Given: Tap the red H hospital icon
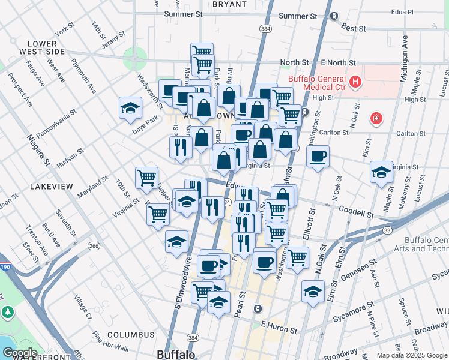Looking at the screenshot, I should click(x=355, y=81).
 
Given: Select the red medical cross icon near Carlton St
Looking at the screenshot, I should click(x=376, y=119).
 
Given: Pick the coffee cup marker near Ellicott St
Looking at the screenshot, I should click(x=318, y=157).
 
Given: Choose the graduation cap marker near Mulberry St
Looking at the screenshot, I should click(x=381, y=173).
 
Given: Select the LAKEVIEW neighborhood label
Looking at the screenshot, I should click(x=50, y=187).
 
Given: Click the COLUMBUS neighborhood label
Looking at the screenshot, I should click(x=131, y=334).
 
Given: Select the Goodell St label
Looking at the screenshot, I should click(x=356, y=213).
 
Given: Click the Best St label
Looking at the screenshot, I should click(x=353, y=28).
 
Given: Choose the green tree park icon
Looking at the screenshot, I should click(x=8, y=312).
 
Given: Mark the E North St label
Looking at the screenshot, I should click(x=338, y=62).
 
